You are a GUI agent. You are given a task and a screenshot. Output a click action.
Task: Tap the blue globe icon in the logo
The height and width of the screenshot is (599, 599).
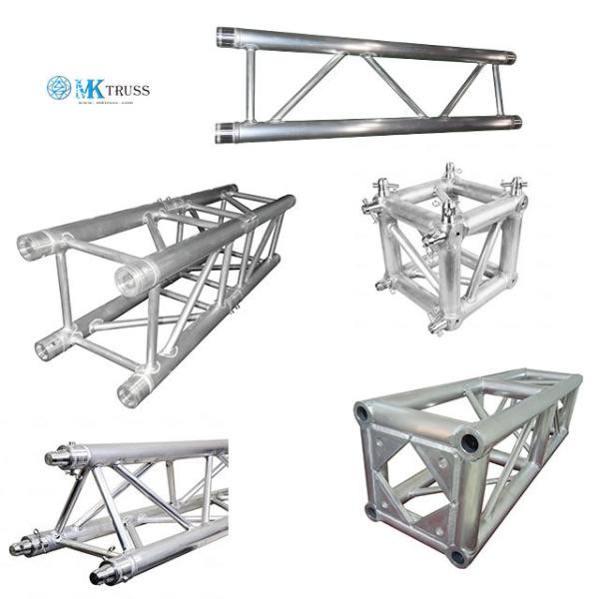click(59, 89)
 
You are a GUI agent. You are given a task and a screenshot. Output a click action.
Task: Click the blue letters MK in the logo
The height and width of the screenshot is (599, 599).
click(87, 89)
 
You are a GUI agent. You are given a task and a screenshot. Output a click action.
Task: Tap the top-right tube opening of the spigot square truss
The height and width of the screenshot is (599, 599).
click(130, 279)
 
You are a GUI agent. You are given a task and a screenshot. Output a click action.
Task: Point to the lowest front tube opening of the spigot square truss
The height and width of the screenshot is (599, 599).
click(131, 391)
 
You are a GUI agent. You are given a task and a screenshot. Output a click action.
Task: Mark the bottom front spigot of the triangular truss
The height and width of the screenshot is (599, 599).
click(100, 576)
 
